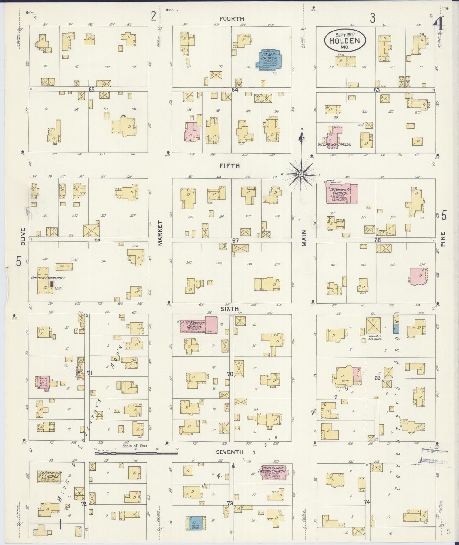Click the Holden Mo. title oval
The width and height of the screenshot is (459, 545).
345,41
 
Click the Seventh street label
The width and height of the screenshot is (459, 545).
229,452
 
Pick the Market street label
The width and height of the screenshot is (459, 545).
160,233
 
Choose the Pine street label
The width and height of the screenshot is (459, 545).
444,239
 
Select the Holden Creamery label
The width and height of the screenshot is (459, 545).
48,278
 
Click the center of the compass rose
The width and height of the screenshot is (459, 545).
300,174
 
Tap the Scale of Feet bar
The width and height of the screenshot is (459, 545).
136,453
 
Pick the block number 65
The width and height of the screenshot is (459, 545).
91,90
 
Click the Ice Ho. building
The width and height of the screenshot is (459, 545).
64,266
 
